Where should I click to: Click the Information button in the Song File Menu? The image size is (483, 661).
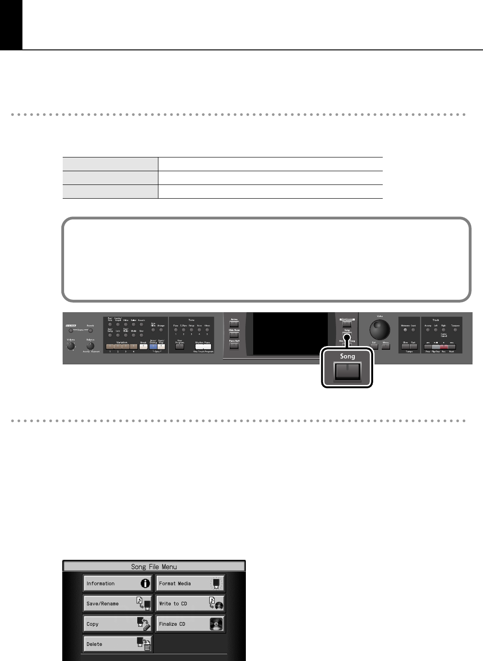pyautogui.click(x=118, y=584)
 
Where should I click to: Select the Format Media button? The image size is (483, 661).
pyautogui.click(x=190, y=584)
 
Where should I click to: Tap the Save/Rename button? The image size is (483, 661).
pyautogui.click(x=118, y=604)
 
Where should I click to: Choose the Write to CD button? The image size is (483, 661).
pyautogui.click(x=190, y=604)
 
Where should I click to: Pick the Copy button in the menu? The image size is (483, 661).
pyautogui.click(x=118, y=624)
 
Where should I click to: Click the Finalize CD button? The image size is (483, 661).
pyautogui.click(x=190, y=624)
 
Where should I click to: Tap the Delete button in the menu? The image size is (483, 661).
pyautogui.click(x=118, y=644)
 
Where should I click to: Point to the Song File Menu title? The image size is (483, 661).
pyautogui.click(x=154, y=567)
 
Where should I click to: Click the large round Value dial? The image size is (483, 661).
pyautogui.click(x=380, y=329)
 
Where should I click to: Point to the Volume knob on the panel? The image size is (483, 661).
pyautogui.click(x=71, y=347)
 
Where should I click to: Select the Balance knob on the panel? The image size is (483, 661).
pyautogui.click(x=90, y=347)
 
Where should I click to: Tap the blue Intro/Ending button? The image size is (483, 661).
pyautogui.click(x=153, y=347)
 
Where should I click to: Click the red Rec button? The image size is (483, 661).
pyautogui.click(x=443, y=347)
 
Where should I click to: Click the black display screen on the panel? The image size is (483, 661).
pyautogui.click(x=290, y=334)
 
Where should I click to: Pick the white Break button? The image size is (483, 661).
pyautogui.click(x=143, y=347)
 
